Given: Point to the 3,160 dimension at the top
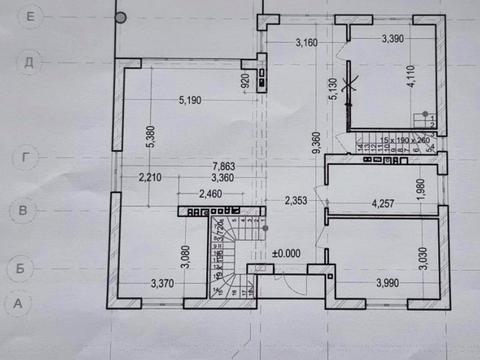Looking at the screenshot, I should [312, 42].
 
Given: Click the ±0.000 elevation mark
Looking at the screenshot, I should [287, 253].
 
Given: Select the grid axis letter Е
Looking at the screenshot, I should [31, 17].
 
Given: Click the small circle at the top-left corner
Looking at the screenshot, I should [120, 17].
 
